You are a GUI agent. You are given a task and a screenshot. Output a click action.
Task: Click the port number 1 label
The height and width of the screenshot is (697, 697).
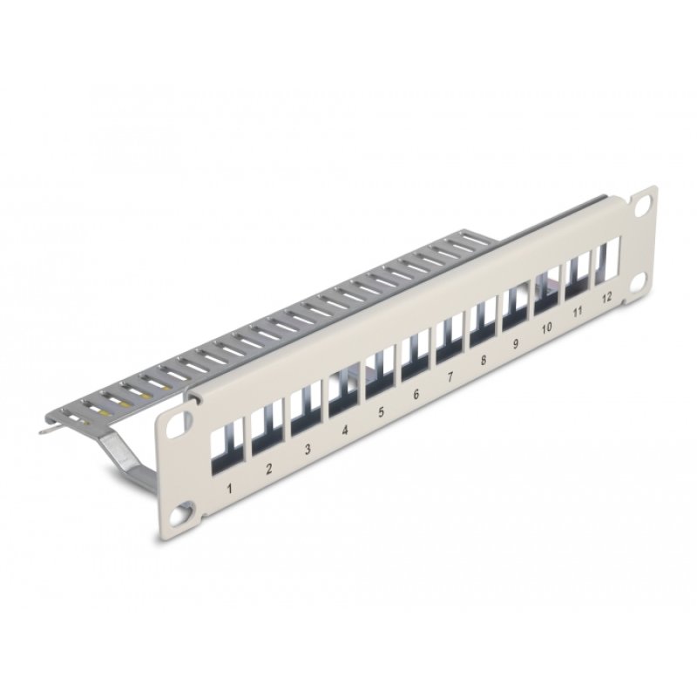230,487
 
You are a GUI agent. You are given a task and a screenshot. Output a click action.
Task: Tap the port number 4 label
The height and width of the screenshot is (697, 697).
345,429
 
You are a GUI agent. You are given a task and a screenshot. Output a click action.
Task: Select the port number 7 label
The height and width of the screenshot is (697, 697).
450,377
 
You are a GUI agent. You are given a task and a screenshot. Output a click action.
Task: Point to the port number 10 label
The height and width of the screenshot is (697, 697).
546,328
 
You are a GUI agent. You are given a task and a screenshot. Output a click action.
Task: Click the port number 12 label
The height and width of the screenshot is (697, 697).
606,297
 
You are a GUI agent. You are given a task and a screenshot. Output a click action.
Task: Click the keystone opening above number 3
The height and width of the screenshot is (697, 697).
302,412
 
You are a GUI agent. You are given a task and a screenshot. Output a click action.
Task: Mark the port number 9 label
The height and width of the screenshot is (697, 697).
515,343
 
